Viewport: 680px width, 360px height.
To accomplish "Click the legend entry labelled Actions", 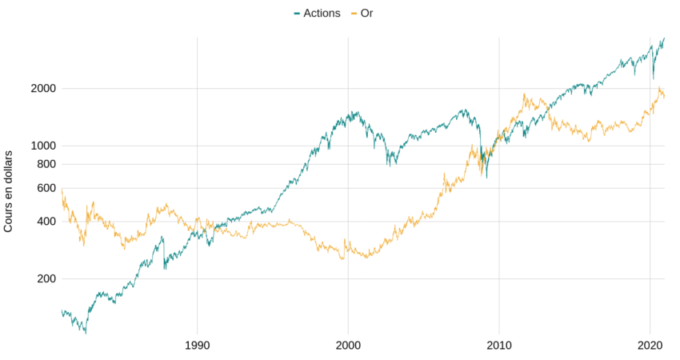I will pos(322,13).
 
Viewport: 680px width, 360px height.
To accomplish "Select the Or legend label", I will pos(366,13).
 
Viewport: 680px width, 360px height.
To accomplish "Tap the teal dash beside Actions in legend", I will pos(298,14).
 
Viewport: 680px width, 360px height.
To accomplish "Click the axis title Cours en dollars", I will pos(9,190).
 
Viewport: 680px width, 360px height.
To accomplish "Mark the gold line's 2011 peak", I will pos(524,94).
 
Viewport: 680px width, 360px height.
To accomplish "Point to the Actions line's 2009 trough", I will pos(486,177).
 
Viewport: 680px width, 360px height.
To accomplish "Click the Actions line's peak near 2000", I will pos(355,112).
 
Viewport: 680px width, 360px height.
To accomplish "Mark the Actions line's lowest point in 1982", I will pos(85,332).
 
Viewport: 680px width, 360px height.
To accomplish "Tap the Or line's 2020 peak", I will pos(658,88).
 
